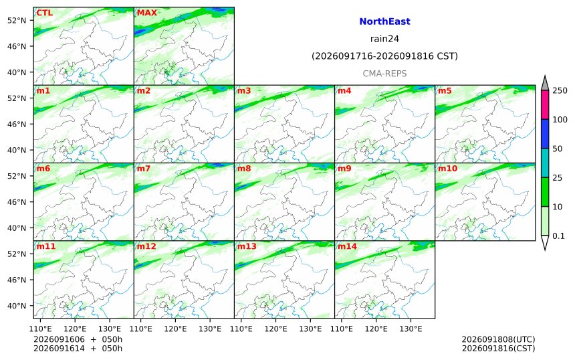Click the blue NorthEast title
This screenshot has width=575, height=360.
coord(384,21)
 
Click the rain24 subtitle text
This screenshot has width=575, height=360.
coord(384,39)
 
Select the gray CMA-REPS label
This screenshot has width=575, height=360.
coord(384,74)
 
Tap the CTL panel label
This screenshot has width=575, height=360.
coord(44,13)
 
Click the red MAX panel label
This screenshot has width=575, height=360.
coord(146,13)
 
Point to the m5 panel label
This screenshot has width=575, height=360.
coord(445,90)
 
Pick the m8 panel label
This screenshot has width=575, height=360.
coord(244,169)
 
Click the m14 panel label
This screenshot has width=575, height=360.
coord(347,246)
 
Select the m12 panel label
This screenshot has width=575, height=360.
coord(146,246)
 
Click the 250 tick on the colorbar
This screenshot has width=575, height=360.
coord(560,90)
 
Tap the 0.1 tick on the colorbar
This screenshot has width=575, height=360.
coord(558,236)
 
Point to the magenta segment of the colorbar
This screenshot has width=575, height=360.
coord(545,104)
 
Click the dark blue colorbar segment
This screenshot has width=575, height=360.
coord(545,134)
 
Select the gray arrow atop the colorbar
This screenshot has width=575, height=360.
coord(545,84)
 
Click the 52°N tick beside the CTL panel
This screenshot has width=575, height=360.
coord(17,21)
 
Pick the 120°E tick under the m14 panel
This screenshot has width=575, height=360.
coord(376,329)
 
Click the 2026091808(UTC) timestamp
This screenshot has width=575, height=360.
coord(498,339)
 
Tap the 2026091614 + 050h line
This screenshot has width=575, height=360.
coord(78,348)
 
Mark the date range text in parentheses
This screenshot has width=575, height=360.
coord(384,56)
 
